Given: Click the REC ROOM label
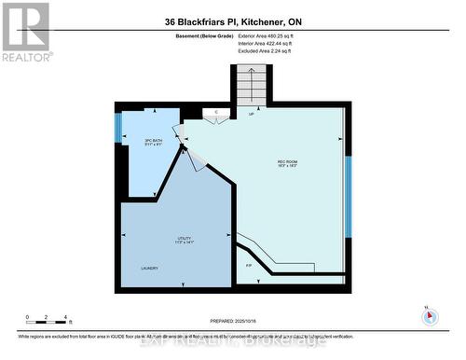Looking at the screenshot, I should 287,162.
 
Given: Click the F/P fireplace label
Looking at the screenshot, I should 249,267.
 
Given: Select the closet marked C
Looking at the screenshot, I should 216,112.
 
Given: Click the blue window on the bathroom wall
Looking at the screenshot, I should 118,128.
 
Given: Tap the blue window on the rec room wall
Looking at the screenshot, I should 347,196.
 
